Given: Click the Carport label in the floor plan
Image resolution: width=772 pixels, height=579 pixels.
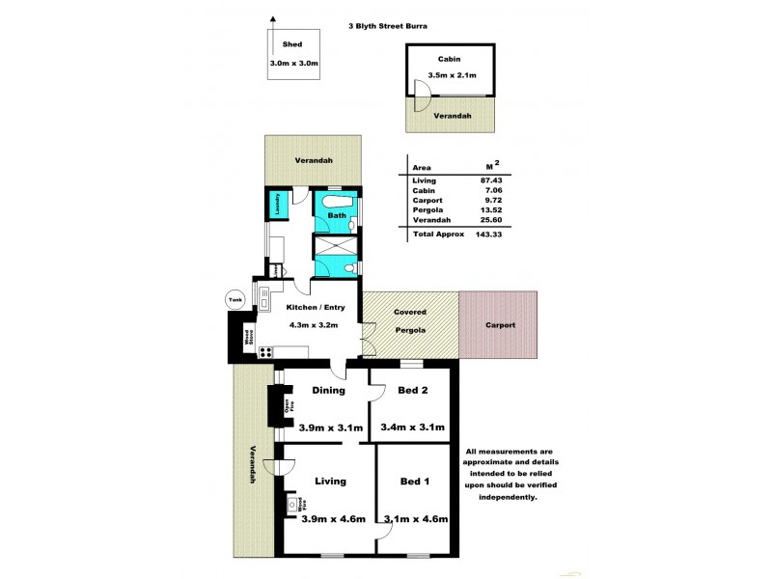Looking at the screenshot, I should [500, 325].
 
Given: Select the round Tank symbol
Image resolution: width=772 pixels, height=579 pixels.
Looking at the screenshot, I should [234, 300].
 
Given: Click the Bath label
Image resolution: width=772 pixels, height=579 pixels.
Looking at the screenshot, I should [336, 215].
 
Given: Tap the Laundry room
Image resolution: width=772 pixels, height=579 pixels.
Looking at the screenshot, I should [276, 206].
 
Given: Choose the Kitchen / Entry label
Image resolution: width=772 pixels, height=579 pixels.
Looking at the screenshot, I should [315, 309].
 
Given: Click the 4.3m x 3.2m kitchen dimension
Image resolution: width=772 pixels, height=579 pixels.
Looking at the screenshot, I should [315, 325].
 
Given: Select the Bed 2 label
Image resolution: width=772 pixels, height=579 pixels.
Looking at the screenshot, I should [412, 391].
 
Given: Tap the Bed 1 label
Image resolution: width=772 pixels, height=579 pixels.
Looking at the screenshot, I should [414, 481].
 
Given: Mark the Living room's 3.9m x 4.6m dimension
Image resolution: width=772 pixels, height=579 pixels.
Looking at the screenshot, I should [331, 519].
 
